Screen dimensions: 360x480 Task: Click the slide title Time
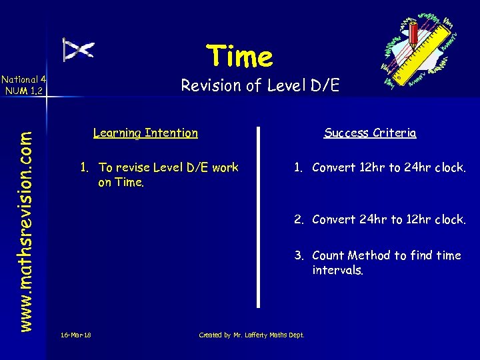pyautogui.click(x=239, y=57)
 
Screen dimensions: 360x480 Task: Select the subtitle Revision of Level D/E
pyautogui.click(x=260, y=85)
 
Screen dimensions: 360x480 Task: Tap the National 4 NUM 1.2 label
pyautogui.click(x=23, y=85)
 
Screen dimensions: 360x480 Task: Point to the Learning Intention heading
pyautogui.click(x=145, y=133)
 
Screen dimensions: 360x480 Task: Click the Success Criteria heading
pyautogui.click(x=370, y=133)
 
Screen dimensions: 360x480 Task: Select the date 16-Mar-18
pyautogui.click(x=75, y=335)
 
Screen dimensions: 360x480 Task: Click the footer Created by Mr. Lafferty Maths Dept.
pyautogui.click(x=251, y=335)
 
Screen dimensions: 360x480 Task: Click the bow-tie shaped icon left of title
pyautogui.click(x=78, y=49)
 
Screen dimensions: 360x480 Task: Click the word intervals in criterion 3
pyautogui.click(x=337, y=271)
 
